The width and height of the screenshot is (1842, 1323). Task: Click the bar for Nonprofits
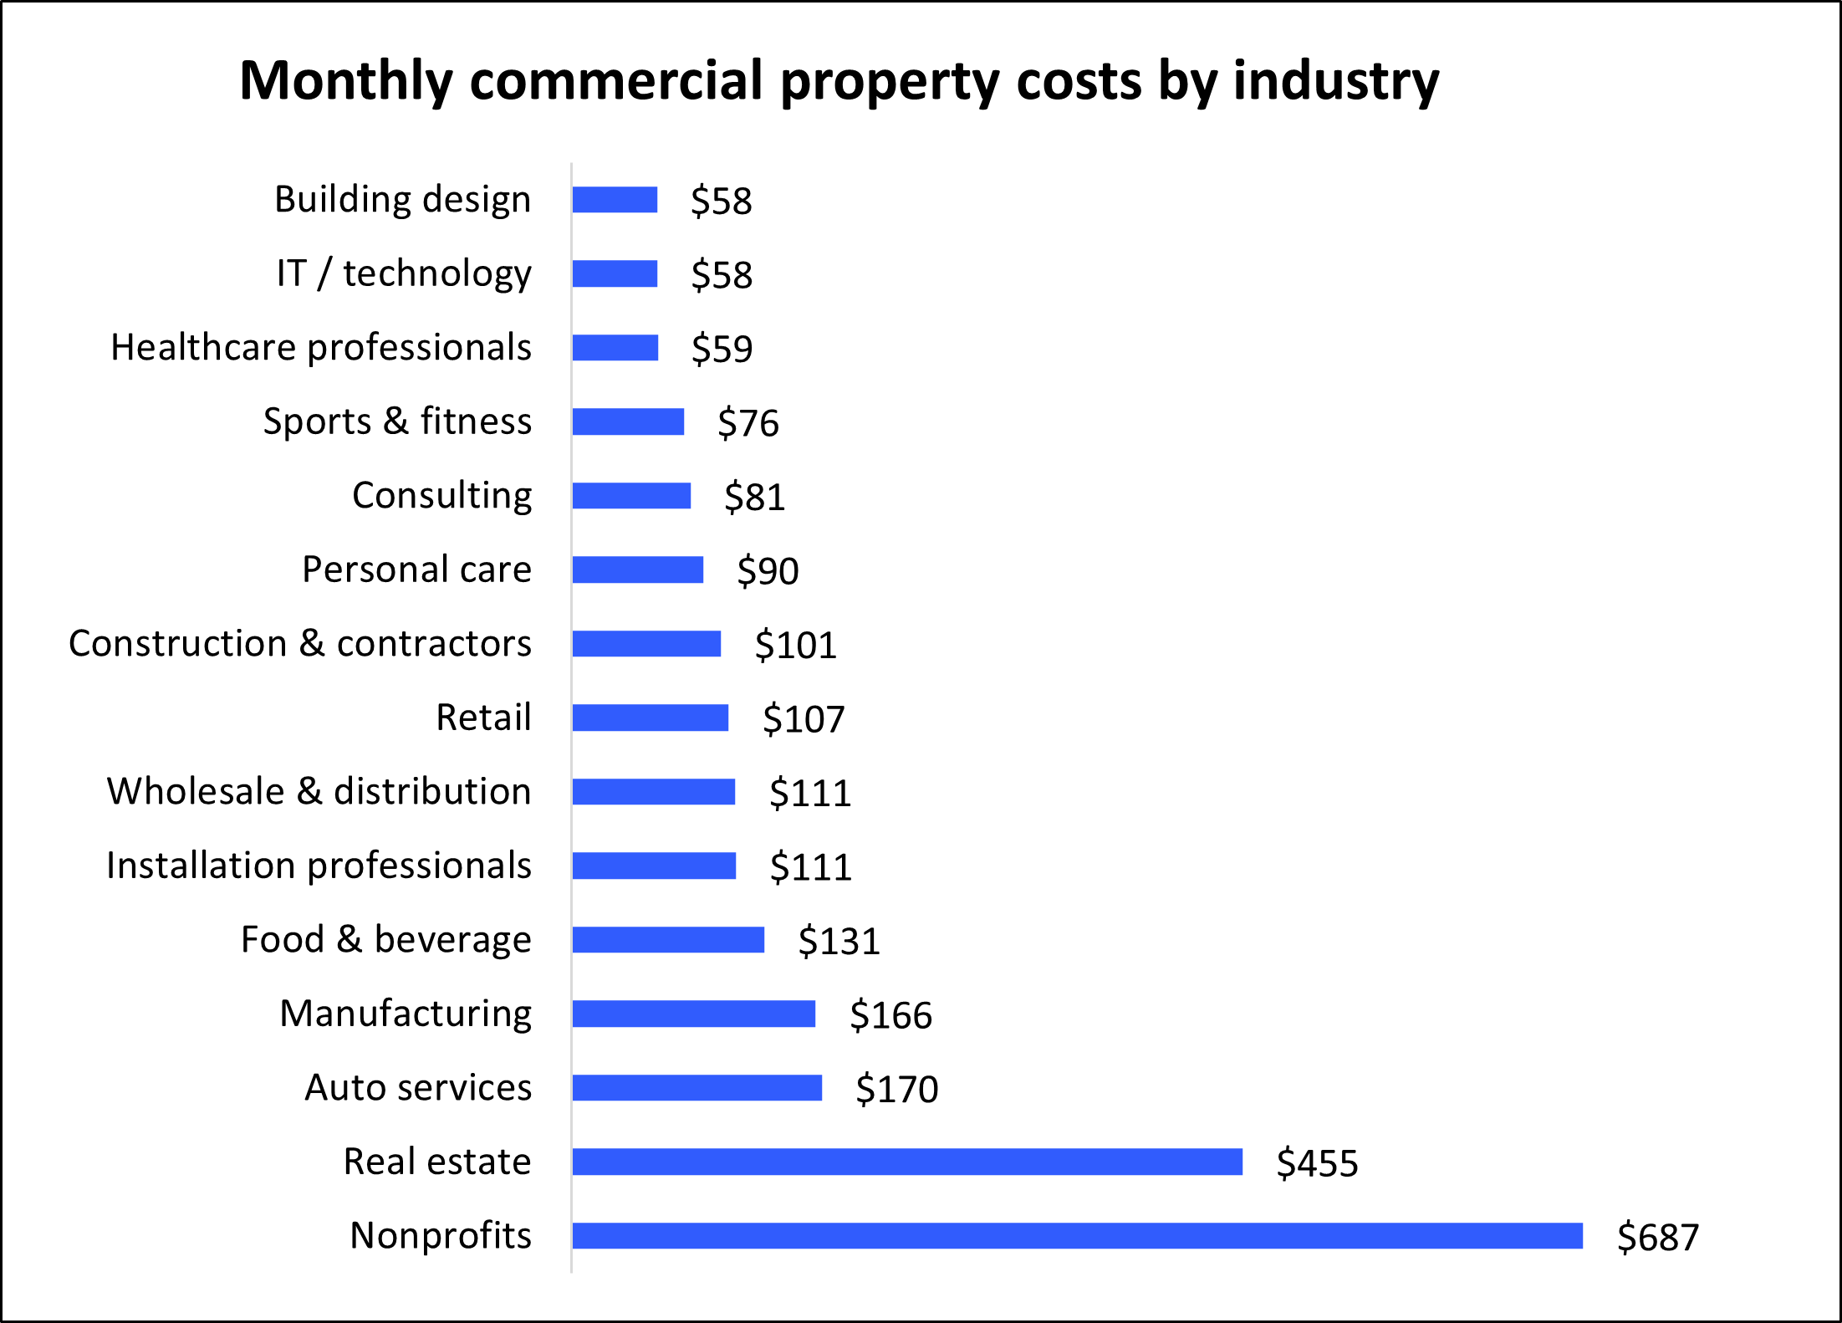point(1077,1236)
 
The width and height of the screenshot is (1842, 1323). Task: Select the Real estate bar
point(907,1162)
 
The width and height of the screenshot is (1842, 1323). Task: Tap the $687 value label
point(1658,1237)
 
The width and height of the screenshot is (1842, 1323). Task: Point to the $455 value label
point(1317,1163)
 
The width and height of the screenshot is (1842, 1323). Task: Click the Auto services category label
point(418,1088)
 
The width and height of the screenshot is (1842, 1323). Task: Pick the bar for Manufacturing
point(694,1014)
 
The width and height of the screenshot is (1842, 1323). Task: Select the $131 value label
point(839,941)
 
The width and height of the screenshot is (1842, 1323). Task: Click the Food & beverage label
point(385,940)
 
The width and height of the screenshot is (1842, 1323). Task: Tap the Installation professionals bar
point(654,866)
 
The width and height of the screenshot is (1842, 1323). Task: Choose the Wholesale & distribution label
point(319,792)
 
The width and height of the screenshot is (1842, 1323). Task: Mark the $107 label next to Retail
point(804,719)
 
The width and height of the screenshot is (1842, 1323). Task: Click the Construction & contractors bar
point(646,644)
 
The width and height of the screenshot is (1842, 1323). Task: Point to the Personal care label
point(416,570)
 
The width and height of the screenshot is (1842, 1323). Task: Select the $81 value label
point(754,497)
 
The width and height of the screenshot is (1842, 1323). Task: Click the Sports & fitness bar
point(628,421)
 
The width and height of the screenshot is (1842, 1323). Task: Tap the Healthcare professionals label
point(321,348)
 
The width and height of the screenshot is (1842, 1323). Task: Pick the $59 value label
point(722,349)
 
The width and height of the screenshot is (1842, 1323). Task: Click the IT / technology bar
point(615,273)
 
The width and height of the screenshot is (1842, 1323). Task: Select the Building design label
point(402,200)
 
